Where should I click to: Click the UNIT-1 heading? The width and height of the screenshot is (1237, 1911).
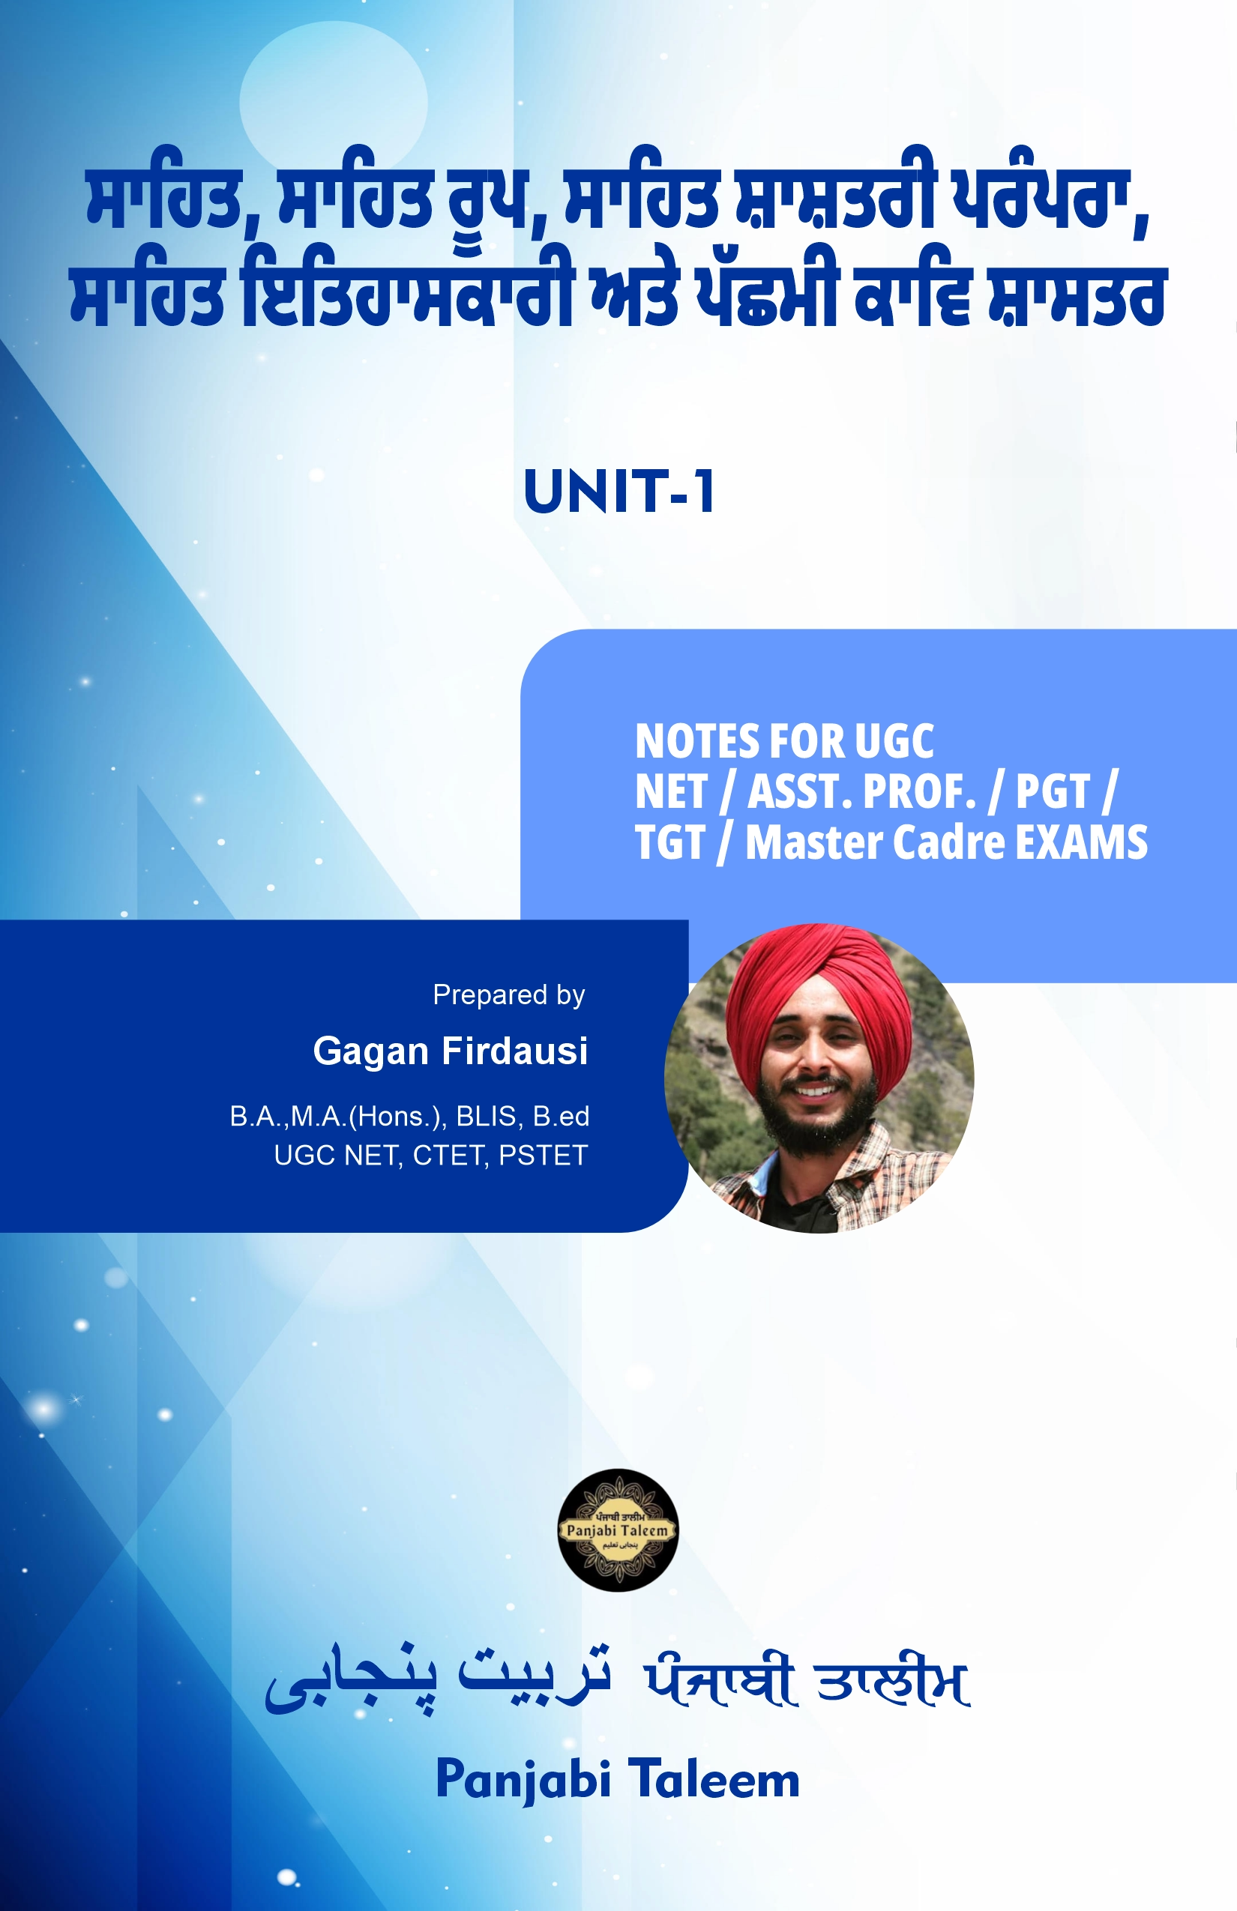coord(618,492)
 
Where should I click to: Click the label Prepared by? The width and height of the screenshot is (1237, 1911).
coord(508,995)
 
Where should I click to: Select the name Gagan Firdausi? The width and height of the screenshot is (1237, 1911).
coord(451,1050)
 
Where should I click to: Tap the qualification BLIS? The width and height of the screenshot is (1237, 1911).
coord(486,1116)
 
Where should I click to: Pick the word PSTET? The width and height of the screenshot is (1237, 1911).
coord(543,1156)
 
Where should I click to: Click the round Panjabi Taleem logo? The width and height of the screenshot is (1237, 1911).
coord(618,1530)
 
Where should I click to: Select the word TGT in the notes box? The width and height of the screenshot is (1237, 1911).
coord(670,842)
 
